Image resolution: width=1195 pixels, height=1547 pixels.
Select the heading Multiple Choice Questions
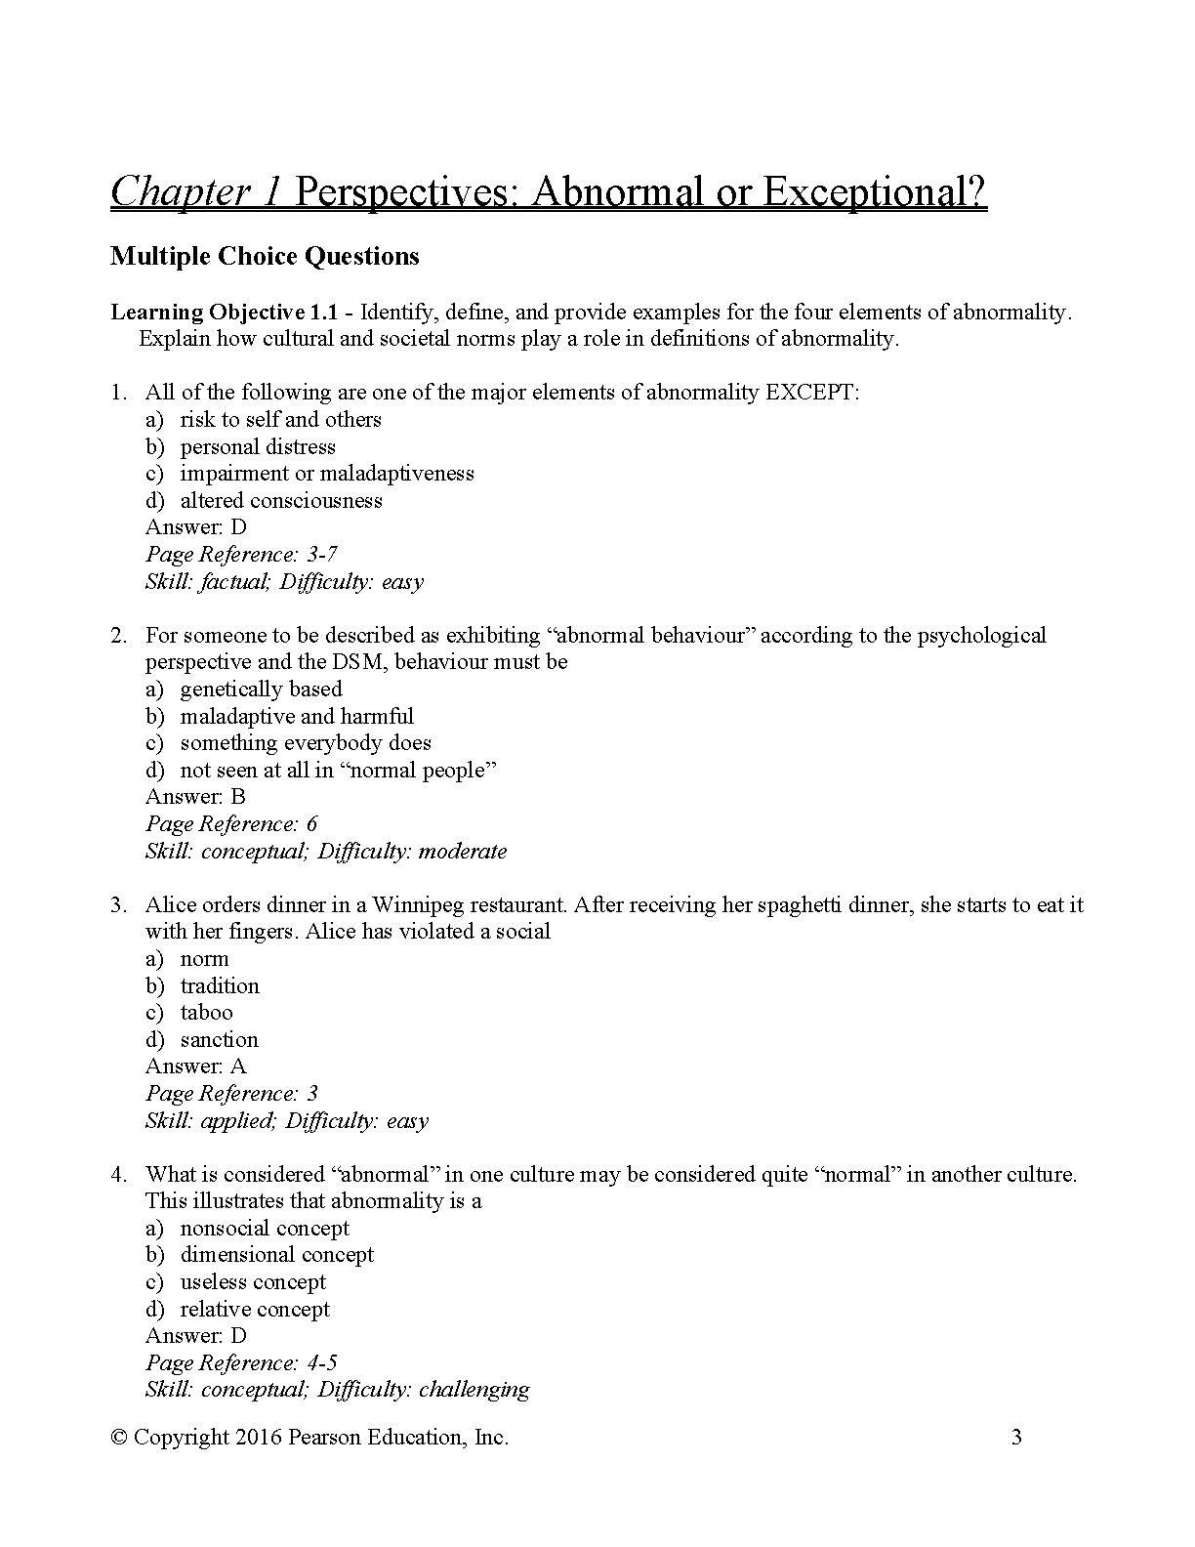[265, 257]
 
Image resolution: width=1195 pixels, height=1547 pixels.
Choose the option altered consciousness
[281, 501]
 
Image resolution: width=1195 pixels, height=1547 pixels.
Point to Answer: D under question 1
[196, 527]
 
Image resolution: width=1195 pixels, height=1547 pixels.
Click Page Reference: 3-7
[242, 555]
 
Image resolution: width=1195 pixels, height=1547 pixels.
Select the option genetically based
[261, 690]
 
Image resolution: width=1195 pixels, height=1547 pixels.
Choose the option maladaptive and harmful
[297, 717]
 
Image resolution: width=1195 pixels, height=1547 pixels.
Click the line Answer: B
[195, 797]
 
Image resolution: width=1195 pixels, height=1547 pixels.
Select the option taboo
[206, 1013]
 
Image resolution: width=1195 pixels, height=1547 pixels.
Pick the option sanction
[219, 1040]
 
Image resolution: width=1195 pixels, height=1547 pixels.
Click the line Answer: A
[196, 1066]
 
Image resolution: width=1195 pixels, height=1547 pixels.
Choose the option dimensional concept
[276, 1255]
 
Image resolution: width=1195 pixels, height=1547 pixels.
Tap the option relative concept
[255, 1310]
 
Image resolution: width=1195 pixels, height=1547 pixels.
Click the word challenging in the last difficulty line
[474, 1390]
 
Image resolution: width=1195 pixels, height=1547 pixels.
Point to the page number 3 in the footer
[1016, 1438]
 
